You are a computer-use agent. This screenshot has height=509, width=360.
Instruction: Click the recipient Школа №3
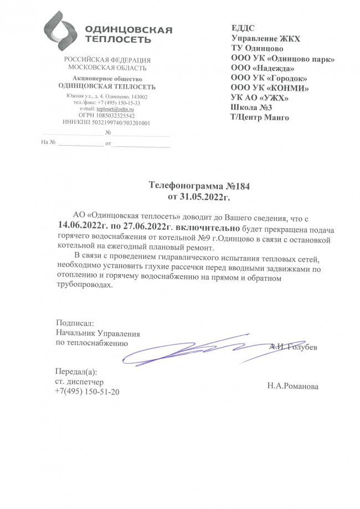[x=251, y=107]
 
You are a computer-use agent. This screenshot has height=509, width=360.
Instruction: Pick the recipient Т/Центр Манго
[x=259, y=117]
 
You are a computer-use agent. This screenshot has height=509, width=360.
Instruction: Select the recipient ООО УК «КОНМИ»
[x=269, y=88]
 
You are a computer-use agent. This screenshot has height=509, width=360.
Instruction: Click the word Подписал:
[x=75, y=322]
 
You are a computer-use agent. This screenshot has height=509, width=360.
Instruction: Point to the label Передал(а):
[x=76, y=371]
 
